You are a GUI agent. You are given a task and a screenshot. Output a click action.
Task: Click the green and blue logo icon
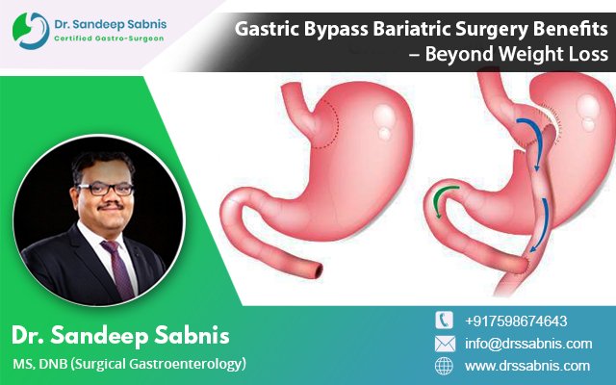(x=31, y=31)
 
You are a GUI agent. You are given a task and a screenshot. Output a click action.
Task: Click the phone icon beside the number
(x=444, y=321)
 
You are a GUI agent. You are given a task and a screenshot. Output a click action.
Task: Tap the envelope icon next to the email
(x=445, y=344)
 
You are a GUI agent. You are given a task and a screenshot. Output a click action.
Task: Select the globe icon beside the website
(x=444, y=366)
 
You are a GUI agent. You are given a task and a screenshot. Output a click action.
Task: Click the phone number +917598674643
(x=516, y=321)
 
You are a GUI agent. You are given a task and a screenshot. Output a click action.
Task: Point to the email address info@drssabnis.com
(x=528, y=344)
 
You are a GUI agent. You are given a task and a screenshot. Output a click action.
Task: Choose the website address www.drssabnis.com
(x=527, y=366)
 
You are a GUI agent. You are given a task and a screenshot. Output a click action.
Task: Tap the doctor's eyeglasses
(x=105, y=189)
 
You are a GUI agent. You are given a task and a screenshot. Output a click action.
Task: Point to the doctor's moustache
(x=111, y=205)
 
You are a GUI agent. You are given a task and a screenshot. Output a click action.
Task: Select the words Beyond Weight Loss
(x=517, y=54)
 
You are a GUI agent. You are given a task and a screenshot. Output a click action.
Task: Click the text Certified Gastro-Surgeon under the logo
(x=109, y=38)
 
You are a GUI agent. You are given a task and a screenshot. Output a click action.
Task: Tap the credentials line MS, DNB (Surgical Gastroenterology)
(x=130, y=364)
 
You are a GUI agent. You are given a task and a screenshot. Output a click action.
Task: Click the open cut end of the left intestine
(x=318, y=270)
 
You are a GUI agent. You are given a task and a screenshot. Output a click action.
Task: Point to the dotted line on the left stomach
(x=333, y=126)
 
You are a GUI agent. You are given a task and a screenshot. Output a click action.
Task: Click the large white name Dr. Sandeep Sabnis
(x=120, y=335)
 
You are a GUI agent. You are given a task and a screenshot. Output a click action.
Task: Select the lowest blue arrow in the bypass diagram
(x=541, y=225)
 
